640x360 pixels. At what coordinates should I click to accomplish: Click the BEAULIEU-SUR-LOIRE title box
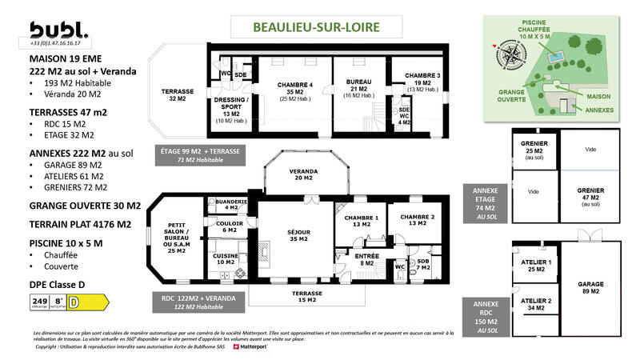click(316, 26)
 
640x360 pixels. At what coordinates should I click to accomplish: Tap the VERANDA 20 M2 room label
click(304, 175)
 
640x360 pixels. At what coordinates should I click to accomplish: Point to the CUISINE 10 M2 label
click(226, 258)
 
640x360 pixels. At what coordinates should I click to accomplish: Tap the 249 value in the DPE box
click(38, 301)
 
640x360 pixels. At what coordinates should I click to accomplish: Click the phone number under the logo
click(60, 44)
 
